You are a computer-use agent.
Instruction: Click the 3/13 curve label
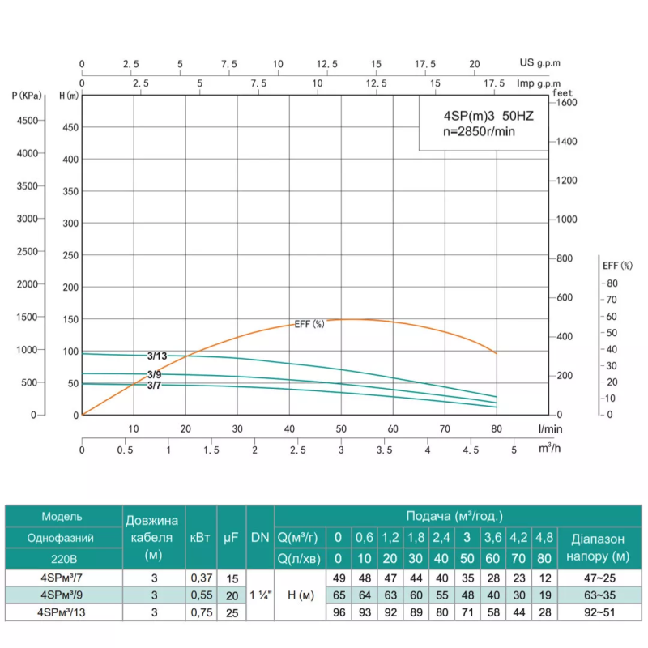click(x=157, y=356)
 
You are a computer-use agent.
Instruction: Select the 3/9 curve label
click(x=154, y=374)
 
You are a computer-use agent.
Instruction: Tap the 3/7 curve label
click(x=154, y=385)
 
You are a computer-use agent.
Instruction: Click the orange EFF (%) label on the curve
click(x=309, y=324)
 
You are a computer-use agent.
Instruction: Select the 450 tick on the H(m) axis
click(x=71, y=127)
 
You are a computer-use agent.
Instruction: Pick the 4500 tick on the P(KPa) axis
click(x=27, y=121)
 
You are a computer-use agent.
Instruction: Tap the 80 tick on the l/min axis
click(x=497, y=429)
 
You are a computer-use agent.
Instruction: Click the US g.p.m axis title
click(x=539, y=62)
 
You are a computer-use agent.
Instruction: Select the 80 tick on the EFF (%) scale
click(x=612, y=283)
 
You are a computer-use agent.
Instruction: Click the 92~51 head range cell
click(x=599, y=613)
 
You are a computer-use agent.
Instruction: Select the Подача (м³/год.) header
click(x=454, y=515)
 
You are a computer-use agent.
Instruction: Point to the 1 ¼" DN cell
click(x=260, y=595)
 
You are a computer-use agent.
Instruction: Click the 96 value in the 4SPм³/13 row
click(x=339, y=613)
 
